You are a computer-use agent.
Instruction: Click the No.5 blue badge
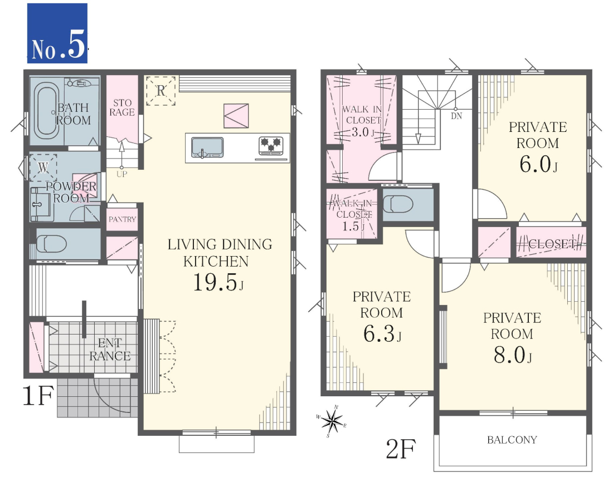coord(57,33)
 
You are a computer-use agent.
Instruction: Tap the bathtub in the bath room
coord(46,111)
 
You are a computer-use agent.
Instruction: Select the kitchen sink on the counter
coord(207,147)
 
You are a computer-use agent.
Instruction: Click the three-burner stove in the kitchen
coord(271,146)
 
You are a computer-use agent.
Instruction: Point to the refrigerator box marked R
coord(160,91)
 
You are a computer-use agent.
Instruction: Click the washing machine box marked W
coord(43,168)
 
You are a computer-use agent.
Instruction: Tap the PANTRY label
coord(123,219)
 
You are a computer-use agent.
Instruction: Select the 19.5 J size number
coord(218,282)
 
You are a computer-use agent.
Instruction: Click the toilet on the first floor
coord(51,244)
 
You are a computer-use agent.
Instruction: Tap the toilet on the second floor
coord(398,204)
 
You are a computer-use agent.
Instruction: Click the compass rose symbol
coord(332,422)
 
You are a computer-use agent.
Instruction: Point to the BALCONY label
coord(512,440)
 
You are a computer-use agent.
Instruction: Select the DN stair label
coord(456,116)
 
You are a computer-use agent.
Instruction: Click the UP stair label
coord(121,174)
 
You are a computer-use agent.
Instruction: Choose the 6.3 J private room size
coord(382,334)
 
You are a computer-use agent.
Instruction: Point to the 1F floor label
coord(38,396)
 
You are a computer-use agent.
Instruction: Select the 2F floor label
coord(401,449)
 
